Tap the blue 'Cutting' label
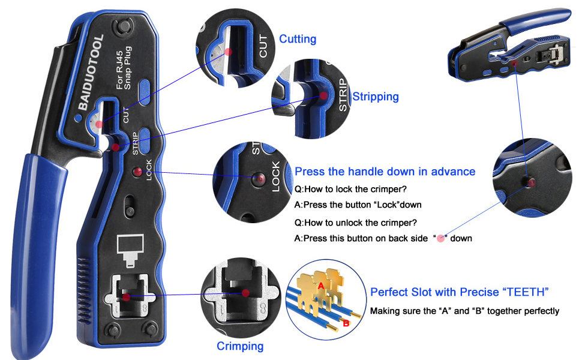(x=298, y=39)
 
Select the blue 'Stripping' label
(x=375, y=97)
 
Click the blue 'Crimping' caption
(x=240, y=346)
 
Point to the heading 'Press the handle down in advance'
(x=385, y=172)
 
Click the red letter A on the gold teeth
(x=321, y=286)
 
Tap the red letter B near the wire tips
(x=345, y=323)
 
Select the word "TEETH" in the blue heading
(x=526, y=292)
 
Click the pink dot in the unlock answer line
(x=440, y=238)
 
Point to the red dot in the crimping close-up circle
(x=245, y=293)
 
